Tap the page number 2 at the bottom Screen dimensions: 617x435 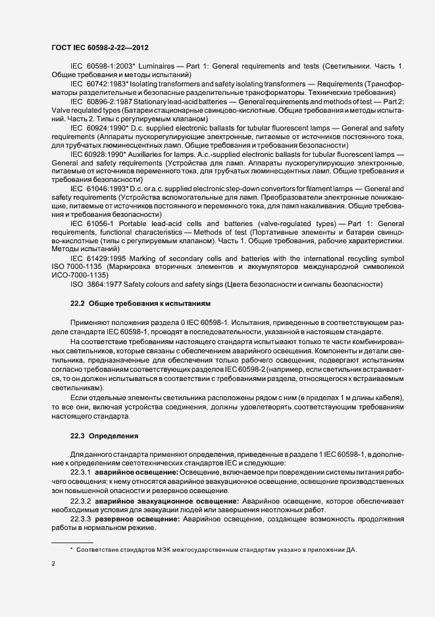tap(53, 563)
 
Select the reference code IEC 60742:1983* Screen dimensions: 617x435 tap(97, 85)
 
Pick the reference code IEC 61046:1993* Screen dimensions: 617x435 tap(97, 189)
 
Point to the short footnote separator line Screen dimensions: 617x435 tap(72, 543)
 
